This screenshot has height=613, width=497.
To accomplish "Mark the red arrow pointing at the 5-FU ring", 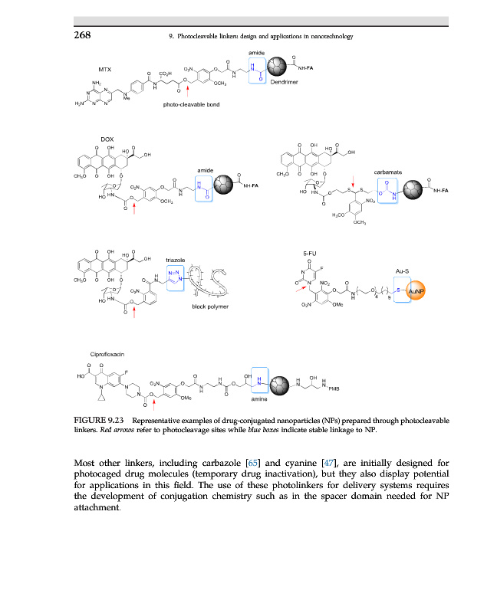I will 298,289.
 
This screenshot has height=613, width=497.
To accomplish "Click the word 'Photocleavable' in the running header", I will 201,36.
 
